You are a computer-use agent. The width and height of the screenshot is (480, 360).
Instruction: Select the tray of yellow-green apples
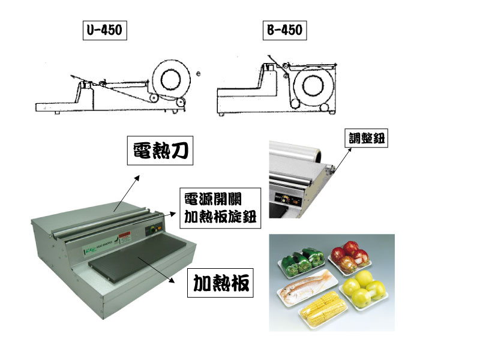coord(367,289)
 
